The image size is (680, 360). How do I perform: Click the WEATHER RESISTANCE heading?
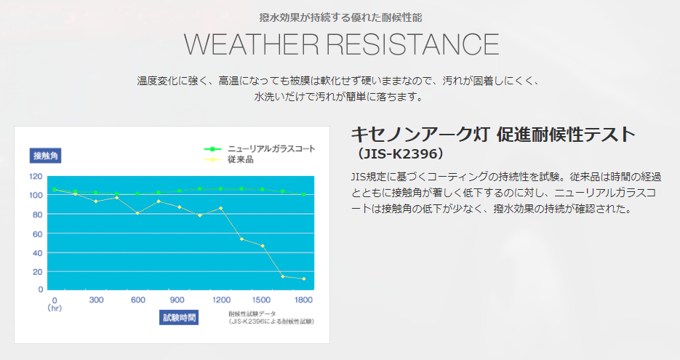[341, 44]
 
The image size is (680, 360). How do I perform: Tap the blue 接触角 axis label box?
[46, 156]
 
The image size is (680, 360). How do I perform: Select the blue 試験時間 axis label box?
[179, 318]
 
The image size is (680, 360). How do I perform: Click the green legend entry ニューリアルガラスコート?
[260, 149]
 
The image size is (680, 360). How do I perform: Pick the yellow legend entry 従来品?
[228, 159]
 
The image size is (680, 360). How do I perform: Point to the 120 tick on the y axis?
[36, 176]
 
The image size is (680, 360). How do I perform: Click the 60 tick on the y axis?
[38, 234]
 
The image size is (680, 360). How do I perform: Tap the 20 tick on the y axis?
[38, 272]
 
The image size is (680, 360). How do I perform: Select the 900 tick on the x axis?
[177, 300]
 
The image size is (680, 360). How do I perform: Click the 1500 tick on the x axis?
[261, 300]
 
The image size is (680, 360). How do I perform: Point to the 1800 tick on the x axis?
[303, 300]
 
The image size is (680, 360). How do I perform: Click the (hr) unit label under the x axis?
[55, 308]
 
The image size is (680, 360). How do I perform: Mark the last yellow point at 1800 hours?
[303, 279]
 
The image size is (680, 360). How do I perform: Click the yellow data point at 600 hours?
[137, 213]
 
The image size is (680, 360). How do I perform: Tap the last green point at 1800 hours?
[303, 194]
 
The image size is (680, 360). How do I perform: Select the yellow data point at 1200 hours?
[221, 208]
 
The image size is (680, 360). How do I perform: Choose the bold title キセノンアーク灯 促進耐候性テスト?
[493, 134]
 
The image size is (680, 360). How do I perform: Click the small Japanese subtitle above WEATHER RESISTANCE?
[340, 17]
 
